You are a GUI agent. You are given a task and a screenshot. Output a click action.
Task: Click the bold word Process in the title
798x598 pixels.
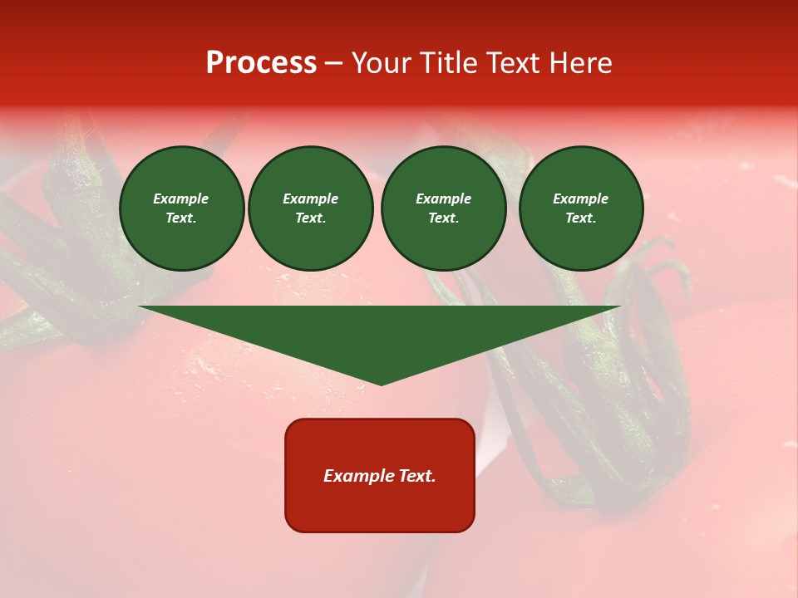pos(261,63)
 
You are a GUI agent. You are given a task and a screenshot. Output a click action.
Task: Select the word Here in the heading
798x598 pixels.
pos(579,63)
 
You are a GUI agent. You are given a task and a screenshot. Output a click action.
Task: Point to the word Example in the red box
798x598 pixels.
pos(357,476)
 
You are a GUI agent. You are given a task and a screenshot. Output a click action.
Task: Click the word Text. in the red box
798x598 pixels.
pos(415,476)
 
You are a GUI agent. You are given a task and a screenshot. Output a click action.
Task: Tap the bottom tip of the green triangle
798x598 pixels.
pos(381,384)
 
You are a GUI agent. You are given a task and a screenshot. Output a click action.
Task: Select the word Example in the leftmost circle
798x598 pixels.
pos(181,199)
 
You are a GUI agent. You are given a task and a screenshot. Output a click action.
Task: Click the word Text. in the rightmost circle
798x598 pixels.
pos(581,218)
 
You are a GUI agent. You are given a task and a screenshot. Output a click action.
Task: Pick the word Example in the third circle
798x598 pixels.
pos(443,199)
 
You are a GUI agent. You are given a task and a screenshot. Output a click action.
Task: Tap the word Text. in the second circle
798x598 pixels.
pos(311,218)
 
